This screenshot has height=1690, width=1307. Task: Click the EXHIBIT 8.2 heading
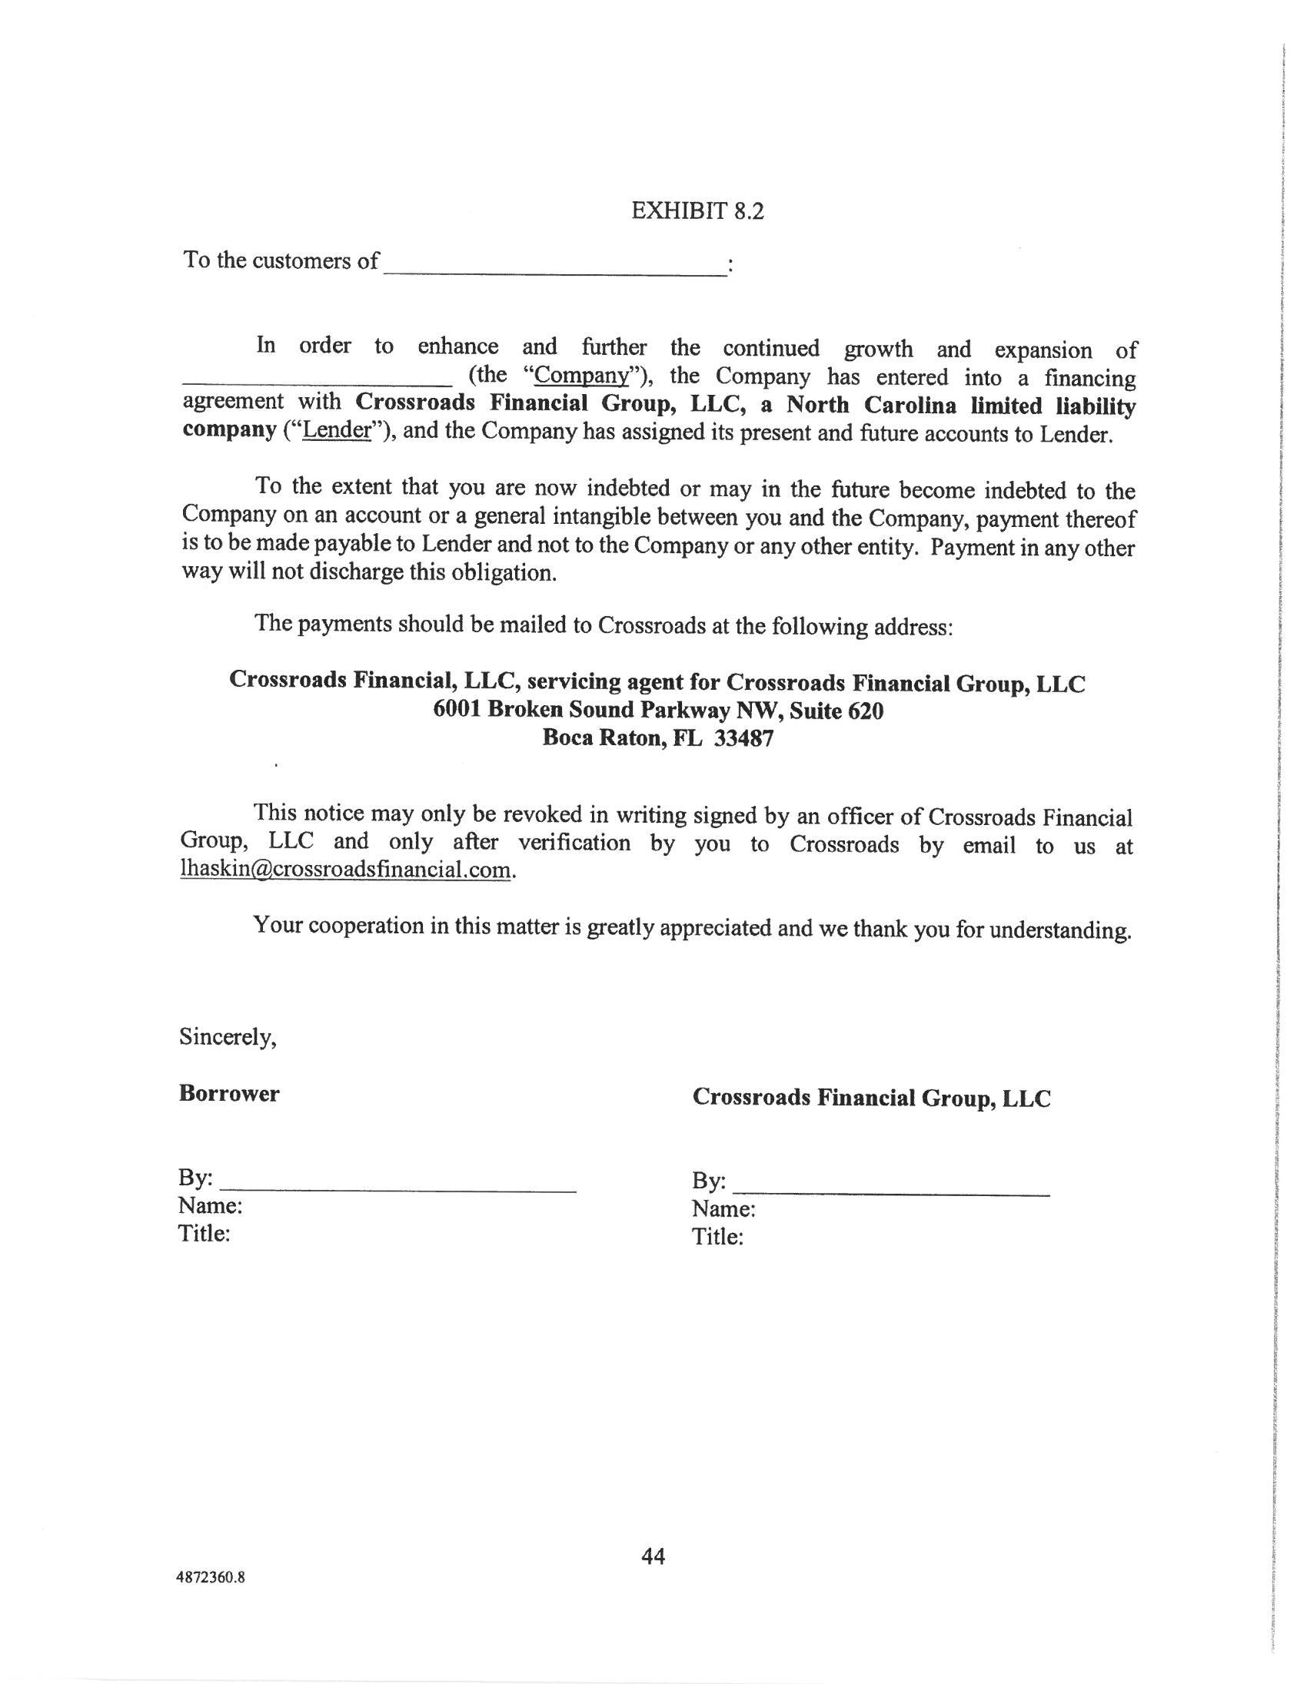tap(697, 210)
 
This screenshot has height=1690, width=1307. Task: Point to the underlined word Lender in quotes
tap(337, 431)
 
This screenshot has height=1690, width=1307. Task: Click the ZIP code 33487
tap(743, 737)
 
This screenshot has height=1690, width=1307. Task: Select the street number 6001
tap(458, 710)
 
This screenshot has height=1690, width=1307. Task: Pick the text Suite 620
tap(837, 710)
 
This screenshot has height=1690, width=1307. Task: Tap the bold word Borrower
tap(229, 1093)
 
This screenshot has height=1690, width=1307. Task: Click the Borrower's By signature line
tap(398, 1187)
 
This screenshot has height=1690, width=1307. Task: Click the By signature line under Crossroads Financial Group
tap(890, 1191)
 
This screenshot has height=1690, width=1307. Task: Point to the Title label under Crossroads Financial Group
tap(718, 1237)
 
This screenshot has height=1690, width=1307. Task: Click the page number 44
tap(653, 1556)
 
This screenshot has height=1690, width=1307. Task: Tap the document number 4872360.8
tap(211, 1578)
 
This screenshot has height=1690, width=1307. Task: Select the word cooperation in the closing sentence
tap(367, 926)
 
